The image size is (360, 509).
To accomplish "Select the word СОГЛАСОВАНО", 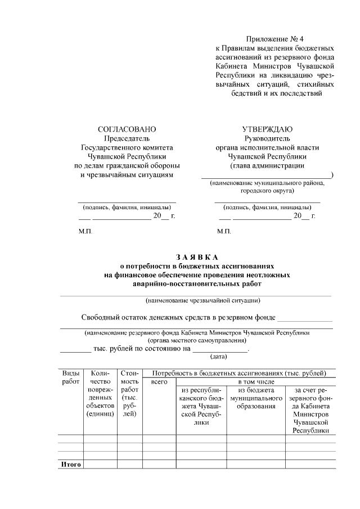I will pos(127,129).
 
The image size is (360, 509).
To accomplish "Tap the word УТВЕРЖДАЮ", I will pos(267,129).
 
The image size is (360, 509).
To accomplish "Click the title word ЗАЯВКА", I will pos(197,257).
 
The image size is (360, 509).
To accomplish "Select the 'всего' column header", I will pos(160,382).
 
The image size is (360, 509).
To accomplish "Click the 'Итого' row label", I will pos(71,465).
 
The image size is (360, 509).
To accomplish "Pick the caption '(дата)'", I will pos(218,357).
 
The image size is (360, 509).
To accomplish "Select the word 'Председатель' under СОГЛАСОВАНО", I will pos(127,138).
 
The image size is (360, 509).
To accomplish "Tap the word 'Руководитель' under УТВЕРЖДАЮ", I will pos(267,138).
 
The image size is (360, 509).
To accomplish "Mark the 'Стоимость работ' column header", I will pos(129,393).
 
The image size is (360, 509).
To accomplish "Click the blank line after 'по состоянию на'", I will pos(220,349).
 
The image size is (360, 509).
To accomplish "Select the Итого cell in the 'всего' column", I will pos(160,465).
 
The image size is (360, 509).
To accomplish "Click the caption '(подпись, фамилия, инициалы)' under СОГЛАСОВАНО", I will pos(127,207).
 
